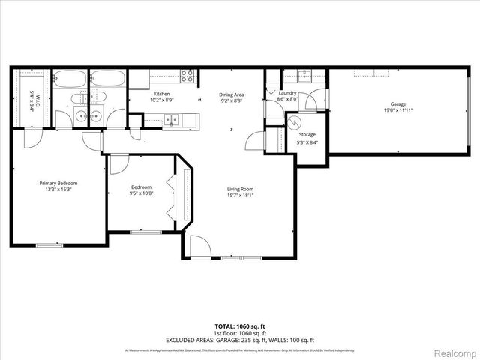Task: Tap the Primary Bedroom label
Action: [x=58, y=183]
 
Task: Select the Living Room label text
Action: [x=240, y=189]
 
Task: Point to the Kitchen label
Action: [x=161, y=94]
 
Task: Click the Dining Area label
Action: [x=232, y=94]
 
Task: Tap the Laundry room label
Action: [x=287, y=92]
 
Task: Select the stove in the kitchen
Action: [x=187, y=75]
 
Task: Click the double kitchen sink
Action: [x=172, y=118]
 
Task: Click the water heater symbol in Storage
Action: [x=295, y=121]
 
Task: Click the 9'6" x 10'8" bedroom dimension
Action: [x=142, y=193]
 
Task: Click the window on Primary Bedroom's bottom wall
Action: [x=49, y=244]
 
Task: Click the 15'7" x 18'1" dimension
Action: [x=240, y=196]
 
